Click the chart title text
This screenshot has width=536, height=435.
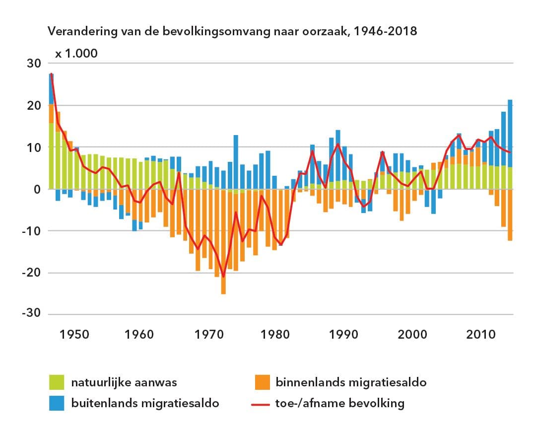(x=232, y=32)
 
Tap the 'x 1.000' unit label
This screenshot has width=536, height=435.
(x=76, y=54)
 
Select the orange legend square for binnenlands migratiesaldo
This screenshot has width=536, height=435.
(x=261, y=382)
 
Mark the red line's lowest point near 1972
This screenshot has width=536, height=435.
(x=223, y=276)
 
